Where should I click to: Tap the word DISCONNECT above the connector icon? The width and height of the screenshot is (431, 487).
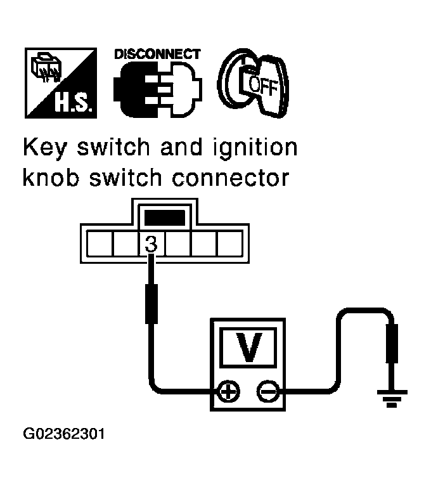tap(157, 55)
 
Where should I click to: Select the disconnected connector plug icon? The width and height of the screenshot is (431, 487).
tap(157, 89)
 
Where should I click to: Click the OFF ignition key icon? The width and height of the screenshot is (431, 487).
tap(251, 82)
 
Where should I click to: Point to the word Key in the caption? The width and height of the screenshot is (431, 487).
tap(46, 148)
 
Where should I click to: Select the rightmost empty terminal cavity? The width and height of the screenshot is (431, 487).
tap(230, 243)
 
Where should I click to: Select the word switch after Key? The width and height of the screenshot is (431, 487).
tap(124, 148)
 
